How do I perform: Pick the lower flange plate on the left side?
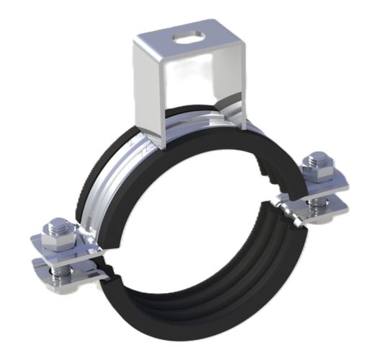click(61, 268)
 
